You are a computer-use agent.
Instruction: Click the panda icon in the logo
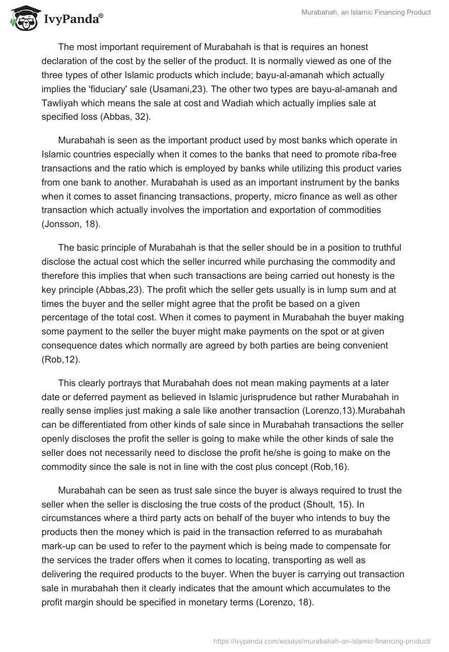click(x=22, y=19)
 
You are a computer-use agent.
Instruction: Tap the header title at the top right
click(x=374, y=12)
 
